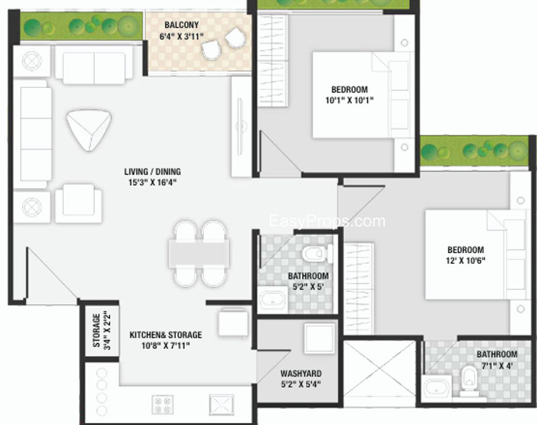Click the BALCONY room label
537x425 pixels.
click(181, 25)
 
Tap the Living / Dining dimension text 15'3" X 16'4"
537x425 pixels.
click(152, 182)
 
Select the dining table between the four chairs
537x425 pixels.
click(199, 253)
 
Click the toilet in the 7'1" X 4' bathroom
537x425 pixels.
click(469, 381)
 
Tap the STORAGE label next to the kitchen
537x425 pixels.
click(97, 330)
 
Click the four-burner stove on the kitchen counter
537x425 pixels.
click(162, 404)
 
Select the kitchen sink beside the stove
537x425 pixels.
click(222, 405)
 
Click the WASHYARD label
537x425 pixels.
click(301, 373)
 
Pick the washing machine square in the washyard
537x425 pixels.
click(320, 338)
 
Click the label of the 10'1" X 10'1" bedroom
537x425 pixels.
click(349, 90)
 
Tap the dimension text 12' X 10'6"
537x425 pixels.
click(465, 261)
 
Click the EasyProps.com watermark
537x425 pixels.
click(327, 222)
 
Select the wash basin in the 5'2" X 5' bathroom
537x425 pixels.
click(273, 300)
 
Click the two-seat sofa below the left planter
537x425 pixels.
click(94, 65)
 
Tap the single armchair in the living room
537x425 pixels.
click(79, 203)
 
